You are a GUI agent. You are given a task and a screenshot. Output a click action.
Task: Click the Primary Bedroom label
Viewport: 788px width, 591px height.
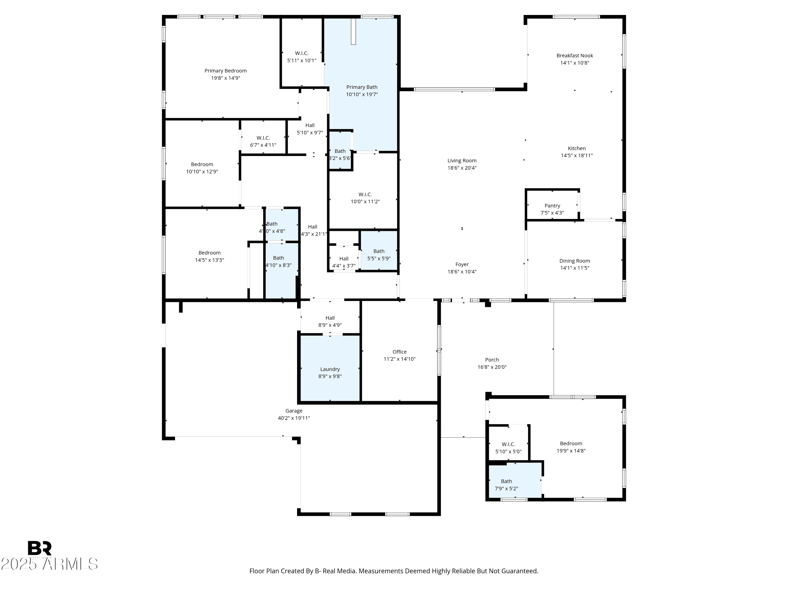point(225,71)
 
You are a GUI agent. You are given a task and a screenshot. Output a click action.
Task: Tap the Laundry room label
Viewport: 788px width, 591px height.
point(330,369)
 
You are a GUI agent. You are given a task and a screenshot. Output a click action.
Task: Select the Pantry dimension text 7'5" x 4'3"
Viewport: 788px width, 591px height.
point(552,213)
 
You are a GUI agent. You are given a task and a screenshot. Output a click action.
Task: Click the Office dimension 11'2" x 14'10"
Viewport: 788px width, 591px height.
point(399,359)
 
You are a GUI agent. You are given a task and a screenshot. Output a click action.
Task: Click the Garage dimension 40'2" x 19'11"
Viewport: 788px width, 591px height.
point(294,418)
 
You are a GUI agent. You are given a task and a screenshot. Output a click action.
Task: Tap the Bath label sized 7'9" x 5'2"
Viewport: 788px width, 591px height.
point(506,481)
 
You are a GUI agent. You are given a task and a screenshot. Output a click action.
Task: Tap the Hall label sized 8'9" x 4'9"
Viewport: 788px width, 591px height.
point(330,318)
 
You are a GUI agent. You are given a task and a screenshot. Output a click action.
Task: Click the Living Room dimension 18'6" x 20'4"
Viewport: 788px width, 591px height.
point(462,168)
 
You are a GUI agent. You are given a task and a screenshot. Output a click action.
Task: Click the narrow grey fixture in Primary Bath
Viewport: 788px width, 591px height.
point(353,31)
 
